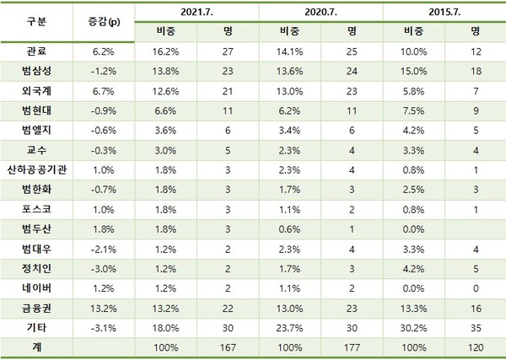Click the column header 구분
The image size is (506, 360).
(x=37, y=19)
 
